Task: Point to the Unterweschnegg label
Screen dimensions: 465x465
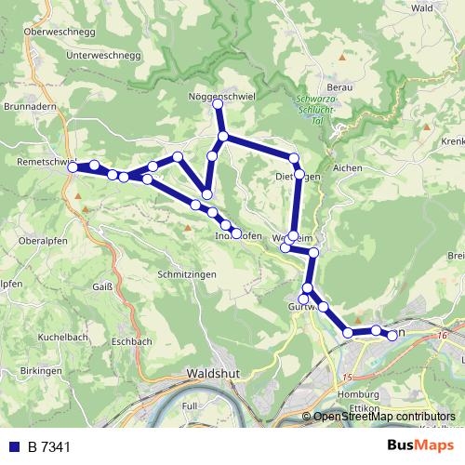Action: coord(103,55)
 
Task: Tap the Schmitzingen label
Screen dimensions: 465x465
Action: coord(187,275)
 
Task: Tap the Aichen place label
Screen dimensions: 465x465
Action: coord(347,167)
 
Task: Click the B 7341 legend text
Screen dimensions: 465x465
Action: coord(48,447)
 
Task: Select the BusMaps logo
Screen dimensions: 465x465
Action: coord(419,446)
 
